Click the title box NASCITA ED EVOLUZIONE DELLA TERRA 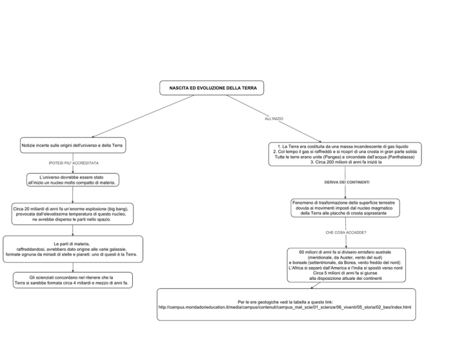[x=212, y=87]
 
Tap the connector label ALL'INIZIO [x=274, y=118]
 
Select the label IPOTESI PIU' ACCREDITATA [x=73, y=163]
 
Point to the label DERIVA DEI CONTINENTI [x=347, y=182]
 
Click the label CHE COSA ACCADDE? [x=346, y=233]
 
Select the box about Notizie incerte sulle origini [x=73, y=145]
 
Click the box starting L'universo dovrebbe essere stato [x=73, y=180]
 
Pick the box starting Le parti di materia [x=73, y=249]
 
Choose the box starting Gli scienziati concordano [x=73, y=280]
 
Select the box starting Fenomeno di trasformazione [x=345, y=208]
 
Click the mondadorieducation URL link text [x=285, y=307]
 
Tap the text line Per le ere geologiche [x=285, y=302]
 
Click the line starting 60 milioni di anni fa [x=345, y=252]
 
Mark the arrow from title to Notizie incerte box [x=143, y=116]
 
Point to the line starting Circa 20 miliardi [x=71, y=209]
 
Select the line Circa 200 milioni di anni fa [x=346, y=162]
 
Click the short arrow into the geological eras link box [x=316, y=285]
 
